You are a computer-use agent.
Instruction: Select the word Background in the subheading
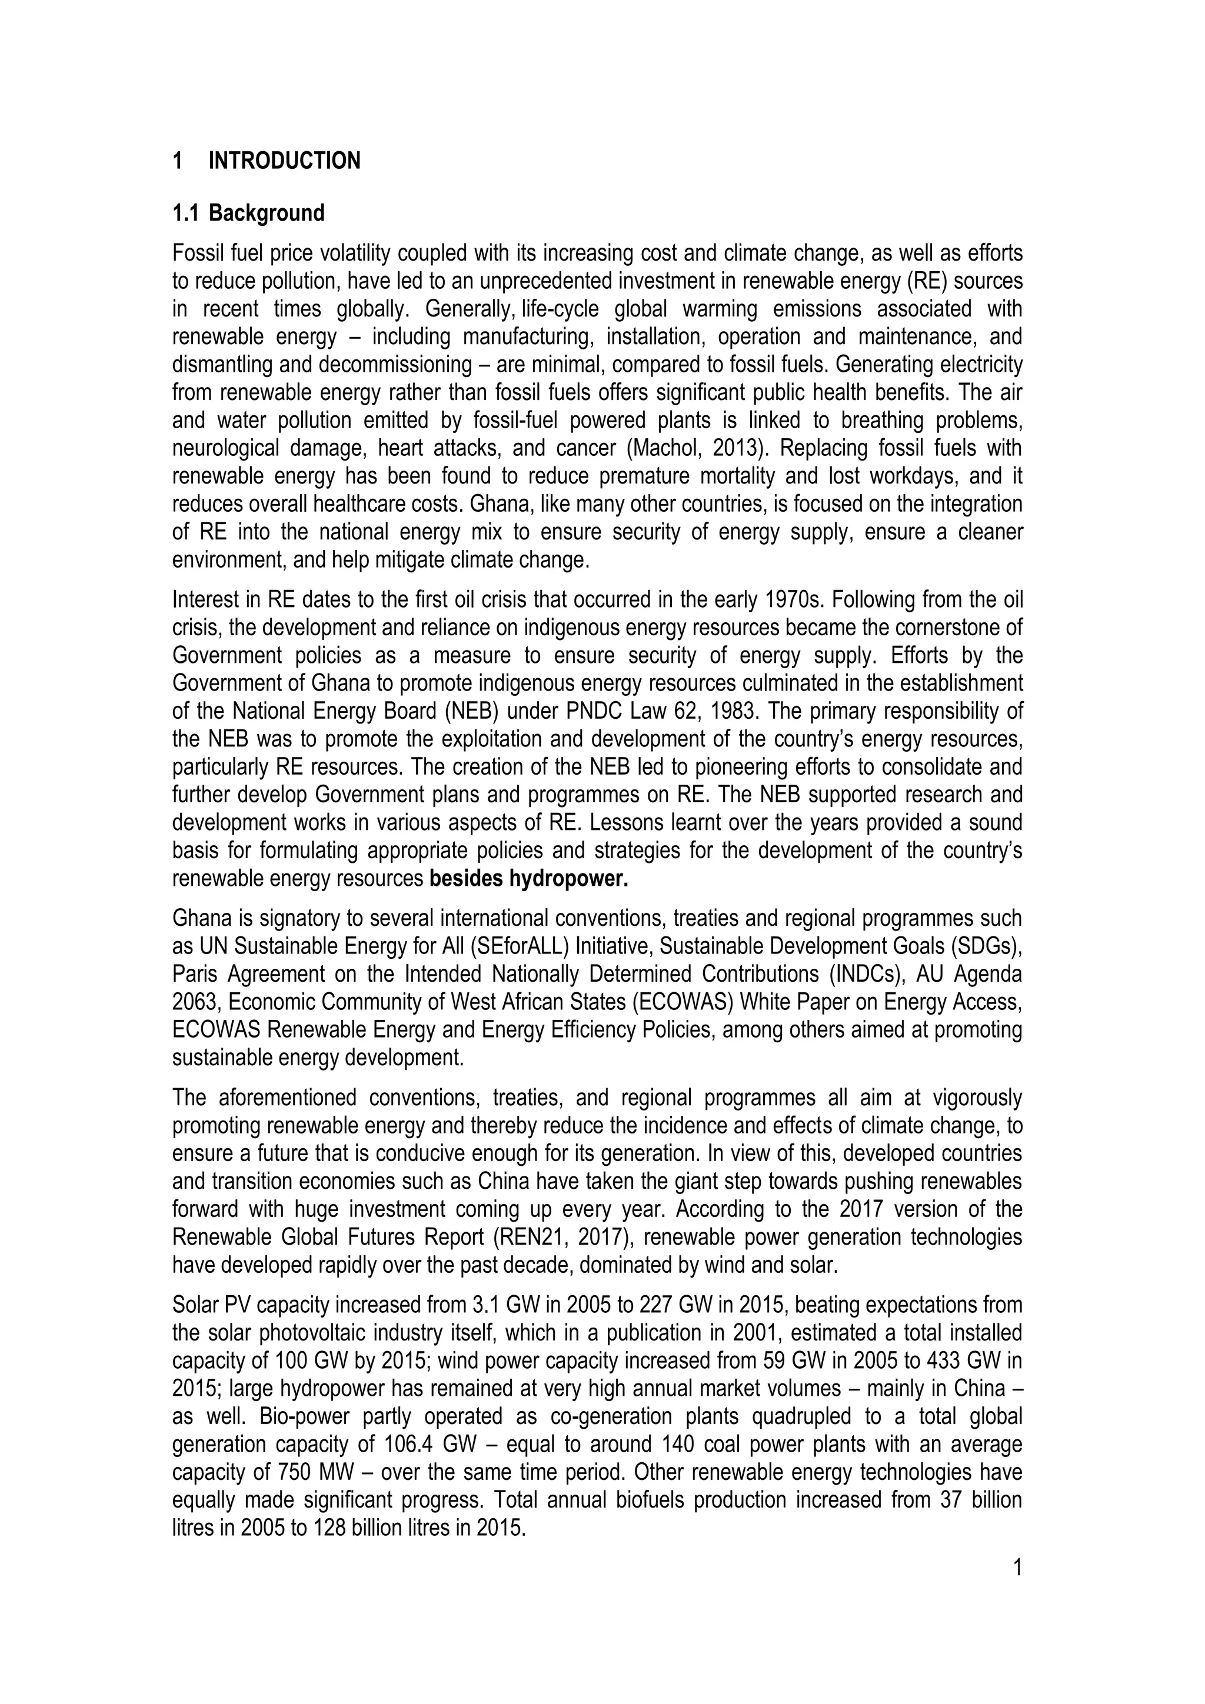click(x=267, y=213)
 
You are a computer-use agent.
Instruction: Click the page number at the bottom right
click(x=1017, y=1568)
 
